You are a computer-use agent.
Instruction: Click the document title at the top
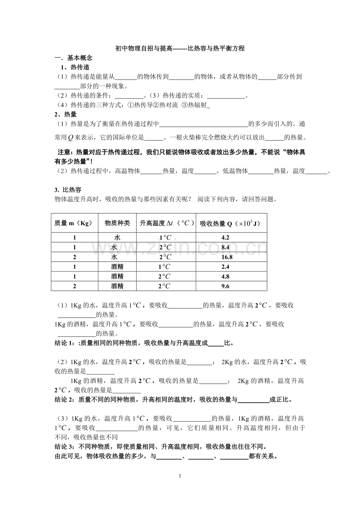coord(180,49)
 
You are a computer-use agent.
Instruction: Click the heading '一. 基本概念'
coord(73,58)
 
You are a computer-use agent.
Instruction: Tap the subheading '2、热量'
coord(65,114)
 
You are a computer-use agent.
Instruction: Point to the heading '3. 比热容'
coord(68,190)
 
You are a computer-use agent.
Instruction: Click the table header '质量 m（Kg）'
coord(74,223)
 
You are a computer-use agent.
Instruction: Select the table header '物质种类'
coord(117,223)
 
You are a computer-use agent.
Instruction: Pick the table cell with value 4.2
coord(225,238)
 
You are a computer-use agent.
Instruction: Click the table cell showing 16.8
coord(227,257)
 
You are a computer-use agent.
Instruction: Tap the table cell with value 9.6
coord(225,287)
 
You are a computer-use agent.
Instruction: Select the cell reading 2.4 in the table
coord(225,267)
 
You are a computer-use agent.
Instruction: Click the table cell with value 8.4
coord(225,247)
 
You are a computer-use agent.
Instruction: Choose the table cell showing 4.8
coord(225,277)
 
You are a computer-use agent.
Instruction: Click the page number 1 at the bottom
coord(180,476)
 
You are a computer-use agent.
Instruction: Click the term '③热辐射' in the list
coord(195,105)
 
